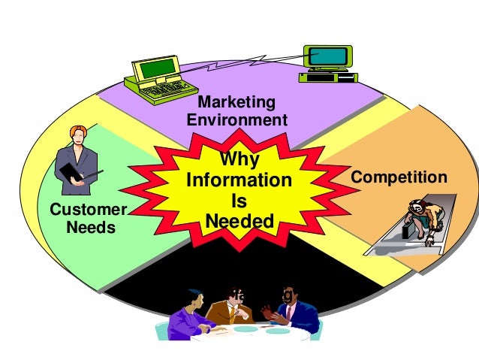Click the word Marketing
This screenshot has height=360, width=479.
[x=236, y=102]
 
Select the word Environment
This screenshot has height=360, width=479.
[x=236, y=120]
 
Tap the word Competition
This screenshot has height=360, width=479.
[x=399, y=178]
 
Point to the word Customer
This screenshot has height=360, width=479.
[x=88, y=209]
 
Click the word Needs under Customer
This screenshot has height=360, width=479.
[x=92, y=226]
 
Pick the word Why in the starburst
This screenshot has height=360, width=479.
[x=238, y=160]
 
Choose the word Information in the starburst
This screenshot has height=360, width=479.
[x=238, y=181]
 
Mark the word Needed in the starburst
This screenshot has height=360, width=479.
[x=239, y=222]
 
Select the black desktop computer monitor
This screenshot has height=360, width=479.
[x=328, y=56]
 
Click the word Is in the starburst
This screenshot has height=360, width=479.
[x=239, y=202]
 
